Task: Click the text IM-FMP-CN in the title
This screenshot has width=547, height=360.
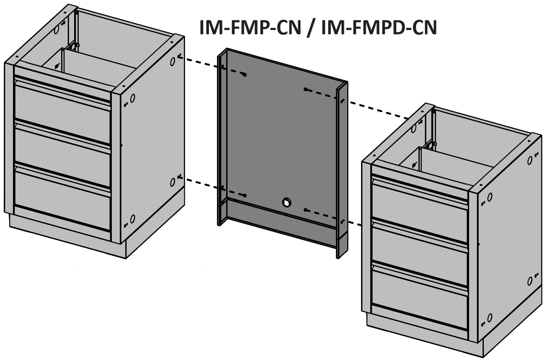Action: click(x=250, y=28)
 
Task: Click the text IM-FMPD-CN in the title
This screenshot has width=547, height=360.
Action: click(x=379, y=28)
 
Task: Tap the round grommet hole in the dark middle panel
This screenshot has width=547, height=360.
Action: click(x=286, y=202)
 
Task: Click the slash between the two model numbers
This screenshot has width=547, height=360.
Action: click(x=311, y=28)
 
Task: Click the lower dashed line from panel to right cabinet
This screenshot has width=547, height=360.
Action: click(x=333, y=217)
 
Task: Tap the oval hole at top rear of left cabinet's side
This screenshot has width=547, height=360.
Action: click(x=173, y=62)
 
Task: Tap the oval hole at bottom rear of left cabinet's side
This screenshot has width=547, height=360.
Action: click(x=173, y=182)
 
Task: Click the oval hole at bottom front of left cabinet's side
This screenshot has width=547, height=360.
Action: click(x=133, y=219)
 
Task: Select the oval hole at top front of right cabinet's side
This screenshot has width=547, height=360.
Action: click(x=490, y=197)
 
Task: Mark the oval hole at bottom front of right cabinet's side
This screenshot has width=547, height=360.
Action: click(x=490, y=318)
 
